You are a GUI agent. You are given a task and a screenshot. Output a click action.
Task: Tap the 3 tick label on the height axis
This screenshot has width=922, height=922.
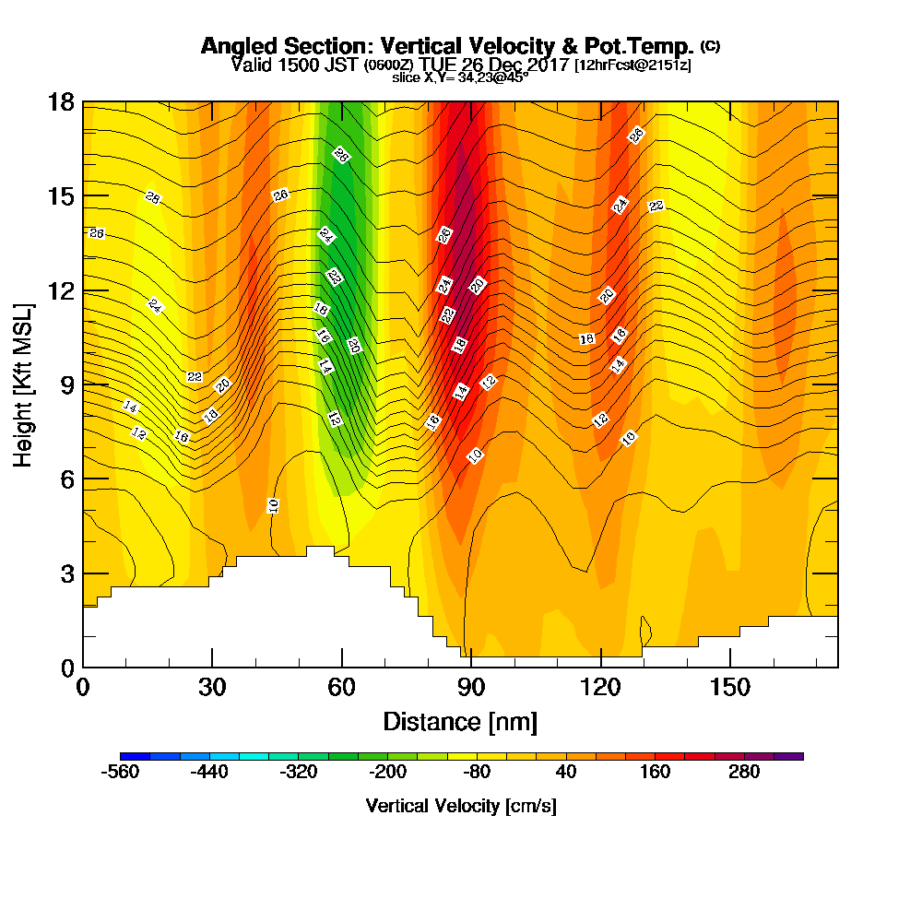[x=67, y=573]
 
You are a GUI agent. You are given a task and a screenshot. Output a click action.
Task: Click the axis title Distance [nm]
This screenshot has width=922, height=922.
[x=460, y=721]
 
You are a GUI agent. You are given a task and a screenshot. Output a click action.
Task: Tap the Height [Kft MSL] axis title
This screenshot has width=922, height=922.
[x=24, y=384]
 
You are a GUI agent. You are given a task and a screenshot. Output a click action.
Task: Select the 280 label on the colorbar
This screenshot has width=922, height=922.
[x=744, y=773]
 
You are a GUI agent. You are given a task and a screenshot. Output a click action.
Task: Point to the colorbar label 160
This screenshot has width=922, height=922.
[x=655, y=773]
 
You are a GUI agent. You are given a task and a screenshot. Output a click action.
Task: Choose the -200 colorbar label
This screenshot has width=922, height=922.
[x=386, y=773]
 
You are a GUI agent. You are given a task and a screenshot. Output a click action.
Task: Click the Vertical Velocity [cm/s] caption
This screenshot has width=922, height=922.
[x=460, y=806]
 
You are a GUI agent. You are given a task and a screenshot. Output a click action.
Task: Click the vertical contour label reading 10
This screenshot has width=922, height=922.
[x=273, y=505]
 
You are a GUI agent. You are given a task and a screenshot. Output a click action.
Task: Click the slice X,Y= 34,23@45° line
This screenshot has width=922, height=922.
[x=460, y=78]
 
